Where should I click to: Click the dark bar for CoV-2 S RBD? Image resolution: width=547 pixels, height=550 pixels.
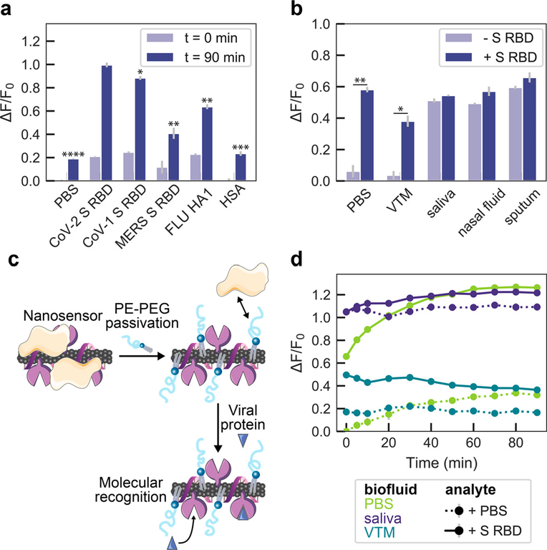(x=106, y=123)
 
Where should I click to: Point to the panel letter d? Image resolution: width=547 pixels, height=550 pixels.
(x=311, y=259)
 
